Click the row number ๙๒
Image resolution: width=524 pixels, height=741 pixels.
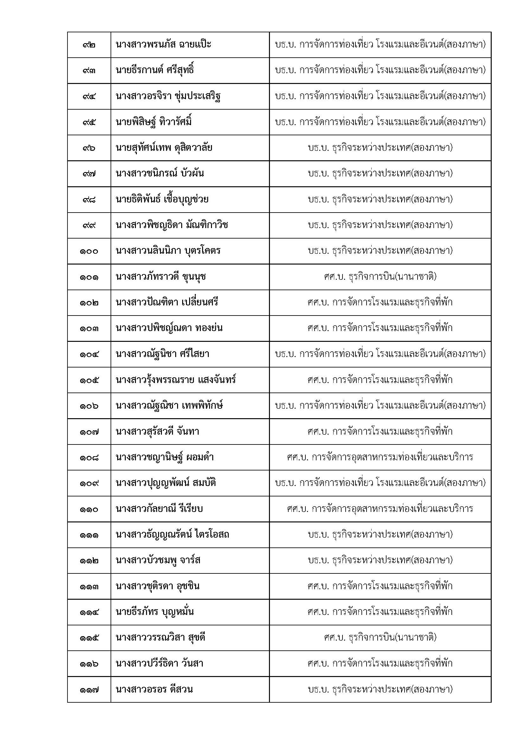[x=89, y=45]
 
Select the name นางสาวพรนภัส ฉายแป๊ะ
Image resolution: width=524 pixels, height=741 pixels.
[x=163, y=44]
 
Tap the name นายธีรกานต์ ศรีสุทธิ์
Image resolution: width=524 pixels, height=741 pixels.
[x=155, y=70]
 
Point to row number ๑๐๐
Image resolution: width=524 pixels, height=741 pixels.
[x=89, y=251]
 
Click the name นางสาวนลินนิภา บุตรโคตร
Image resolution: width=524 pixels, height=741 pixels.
[x=168, y=251]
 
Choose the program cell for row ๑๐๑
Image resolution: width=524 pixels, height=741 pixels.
[x=380, y=277]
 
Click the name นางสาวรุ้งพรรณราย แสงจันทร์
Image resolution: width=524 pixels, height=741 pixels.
[x=176, y=380]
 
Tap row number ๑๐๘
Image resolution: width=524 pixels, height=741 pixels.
[x=89, y=457]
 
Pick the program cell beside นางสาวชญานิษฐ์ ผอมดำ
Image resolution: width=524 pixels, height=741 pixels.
[x=380, y=457]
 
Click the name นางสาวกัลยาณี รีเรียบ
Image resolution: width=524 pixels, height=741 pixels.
[x=159, y=509]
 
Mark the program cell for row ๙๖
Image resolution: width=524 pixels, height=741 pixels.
[x=380, y=148]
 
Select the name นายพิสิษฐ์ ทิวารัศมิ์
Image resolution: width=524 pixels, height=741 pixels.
[x=154, y=122]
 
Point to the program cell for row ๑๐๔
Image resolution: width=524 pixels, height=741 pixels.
[x=380, y=354]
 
